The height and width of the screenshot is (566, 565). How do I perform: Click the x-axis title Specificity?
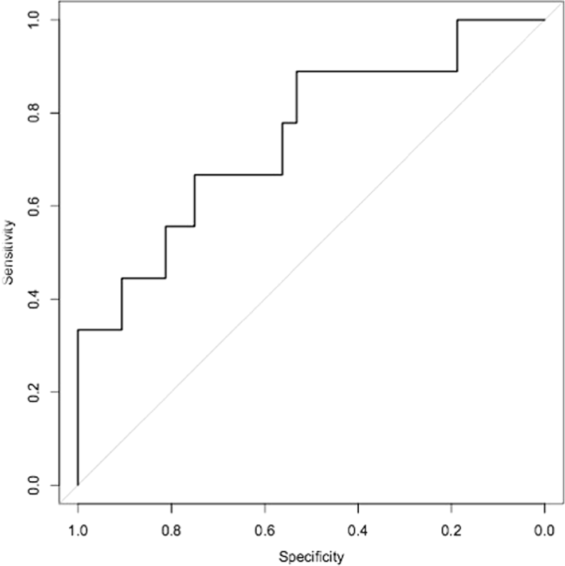tap(311, 555)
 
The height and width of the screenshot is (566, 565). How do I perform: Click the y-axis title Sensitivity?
tap(7, 253)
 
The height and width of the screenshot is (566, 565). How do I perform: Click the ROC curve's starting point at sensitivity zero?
tap(78, 485)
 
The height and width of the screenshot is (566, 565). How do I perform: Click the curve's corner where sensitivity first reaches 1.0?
tap(457, 20)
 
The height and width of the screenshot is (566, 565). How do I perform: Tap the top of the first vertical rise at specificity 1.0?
tap(78, 330)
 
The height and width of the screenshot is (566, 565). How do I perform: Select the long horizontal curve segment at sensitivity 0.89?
tap(376, 72)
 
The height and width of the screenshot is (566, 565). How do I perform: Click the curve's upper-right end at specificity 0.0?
tap(544, 20)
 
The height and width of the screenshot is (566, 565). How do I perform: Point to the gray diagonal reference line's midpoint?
tap(311, 252)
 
